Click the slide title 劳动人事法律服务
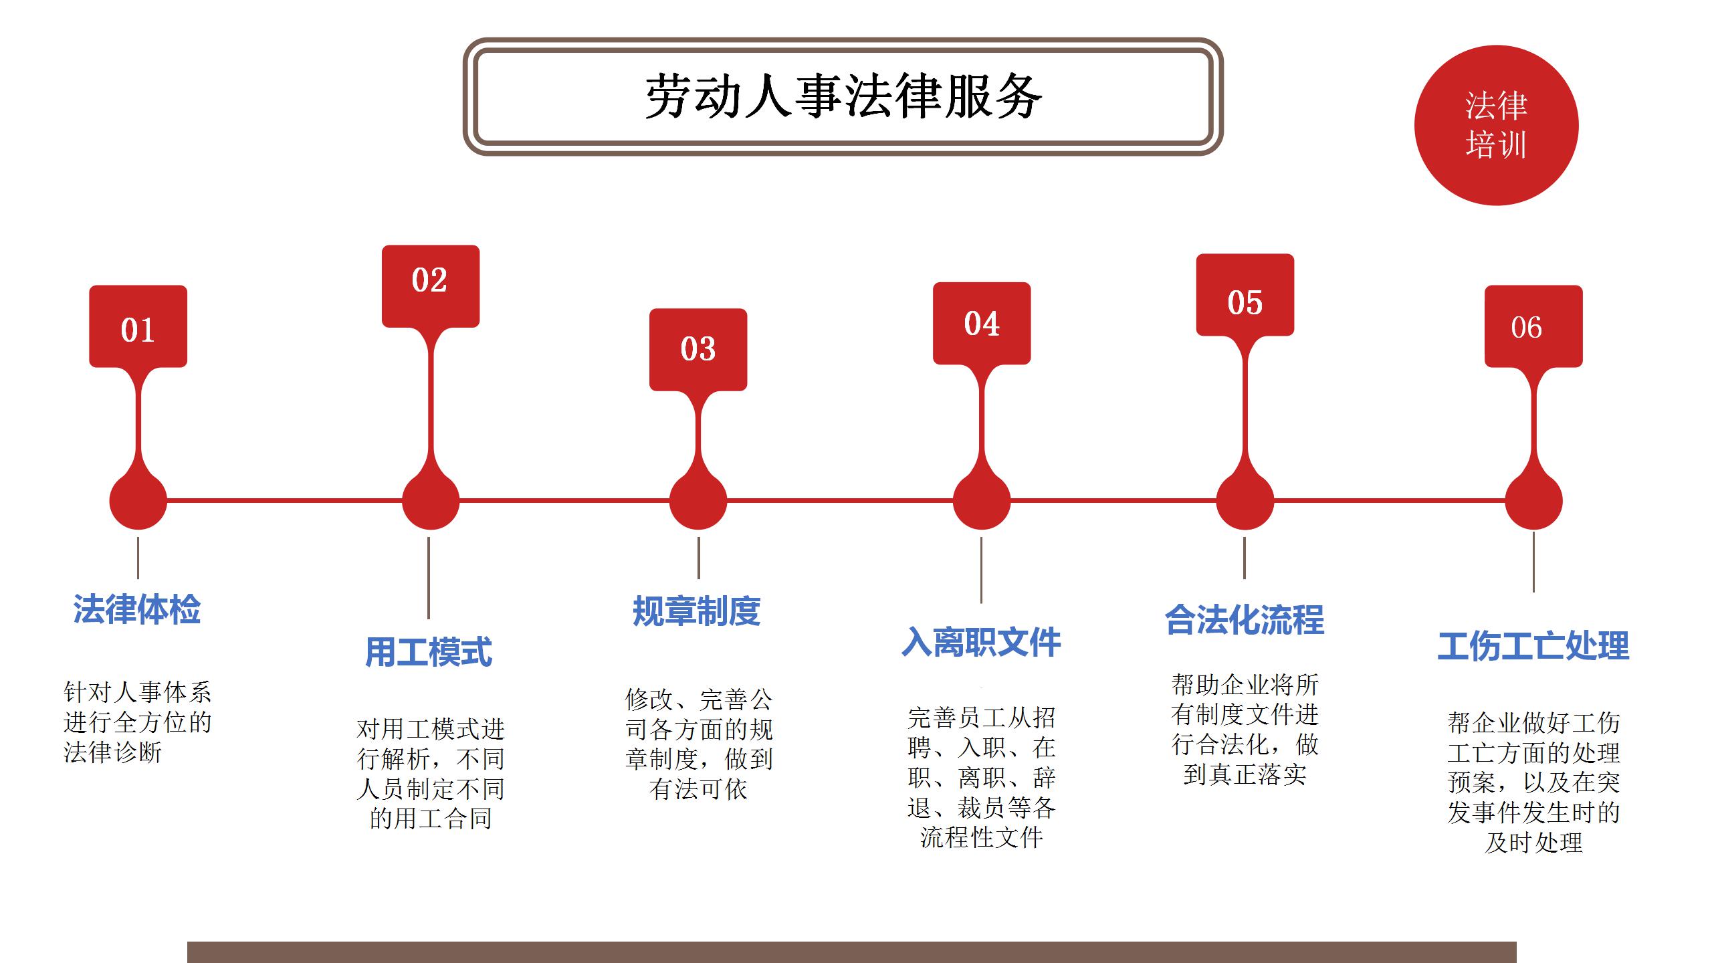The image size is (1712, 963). click(x=843, y=97)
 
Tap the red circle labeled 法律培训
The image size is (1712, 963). click(x=1497, y=125)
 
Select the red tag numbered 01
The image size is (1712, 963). click(x=138, y=326)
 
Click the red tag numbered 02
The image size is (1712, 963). click(x=431, y=286)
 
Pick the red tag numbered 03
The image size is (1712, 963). click(x=698, y=349)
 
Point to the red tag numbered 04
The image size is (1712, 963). click(x=982, y=323)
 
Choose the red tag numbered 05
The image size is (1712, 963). click(x=1245, y=294)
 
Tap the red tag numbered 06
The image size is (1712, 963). click(x=1533, y=326)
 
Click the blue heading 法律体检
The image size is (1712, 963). click(x=137, y=609)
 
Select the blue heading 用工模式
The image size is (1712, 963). click(x=429, y=652)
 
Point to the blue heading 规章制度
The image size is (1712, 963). click(x=697, y=611)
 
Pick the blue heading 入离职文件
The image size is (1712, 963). click(x=981, y=643)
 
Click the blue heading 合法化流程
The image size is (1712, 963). click(x=1245, y=619)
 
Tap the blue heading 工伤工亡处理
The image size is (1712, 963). click(x=1533, y=647)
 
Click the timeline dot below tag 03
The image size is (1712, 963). click(x=698, y=501)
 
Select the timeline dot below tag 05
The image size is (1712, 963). click(x=1245, y=501)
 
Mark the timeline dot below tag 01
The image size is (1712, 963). click(x=138, y=501)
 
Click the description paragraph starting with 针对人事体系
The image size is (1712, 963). click(x=138, y=722)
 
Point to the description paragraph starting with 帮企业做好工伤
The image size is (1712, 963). click(x=1533, y=782)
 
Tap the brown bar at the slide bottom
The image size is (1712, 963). click(x=852, y=952)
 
